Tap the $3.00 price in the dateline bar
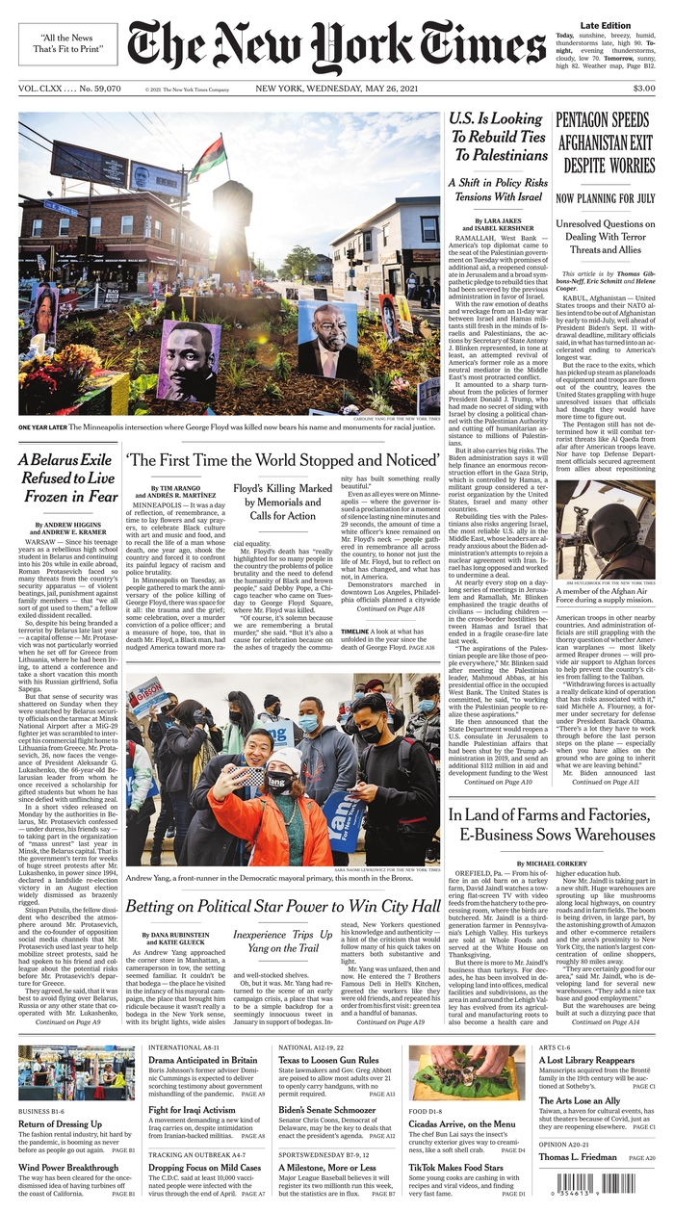coord(643,89)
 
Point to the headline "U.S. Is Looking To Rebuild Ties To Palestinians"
coord(497,136)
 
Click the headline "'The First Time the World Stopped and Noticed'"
coord(282,462)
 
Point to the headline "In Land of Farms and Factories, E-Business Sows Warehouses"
coord(551,824)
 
